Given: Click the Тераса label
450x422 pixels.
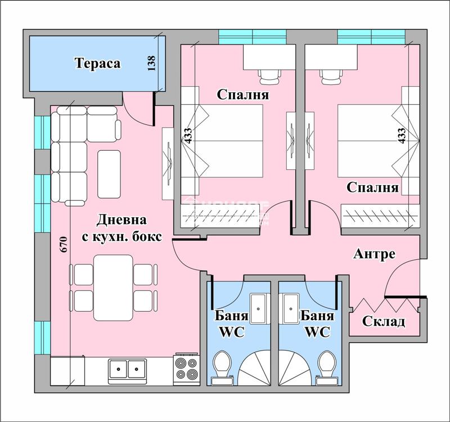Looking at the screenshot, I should click(98, 63).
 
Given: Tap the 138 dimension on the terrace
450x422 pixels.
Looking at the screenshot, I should click(150, 62).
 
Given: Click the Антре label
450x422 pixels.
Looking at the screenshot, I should click(374, 254).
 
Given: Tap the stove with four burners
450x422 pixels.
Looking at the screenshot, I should click(186, 369).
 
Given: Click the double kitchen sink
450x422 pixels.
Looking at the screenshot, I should click(128, 370).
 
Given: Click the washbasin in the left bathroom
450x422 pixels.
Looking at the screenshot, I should click(260, 308).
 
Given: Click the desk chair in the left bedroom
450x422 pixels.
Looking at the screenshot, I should click(269, 74).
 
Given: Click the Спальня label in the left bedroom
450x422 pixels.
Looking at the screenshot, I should click(243, 95).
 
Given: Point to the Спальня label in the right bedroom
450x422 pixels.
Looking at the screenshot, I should click(372, 187).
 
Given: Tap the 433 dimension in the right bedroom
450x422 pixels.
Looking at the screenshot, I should click(401, 136).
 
